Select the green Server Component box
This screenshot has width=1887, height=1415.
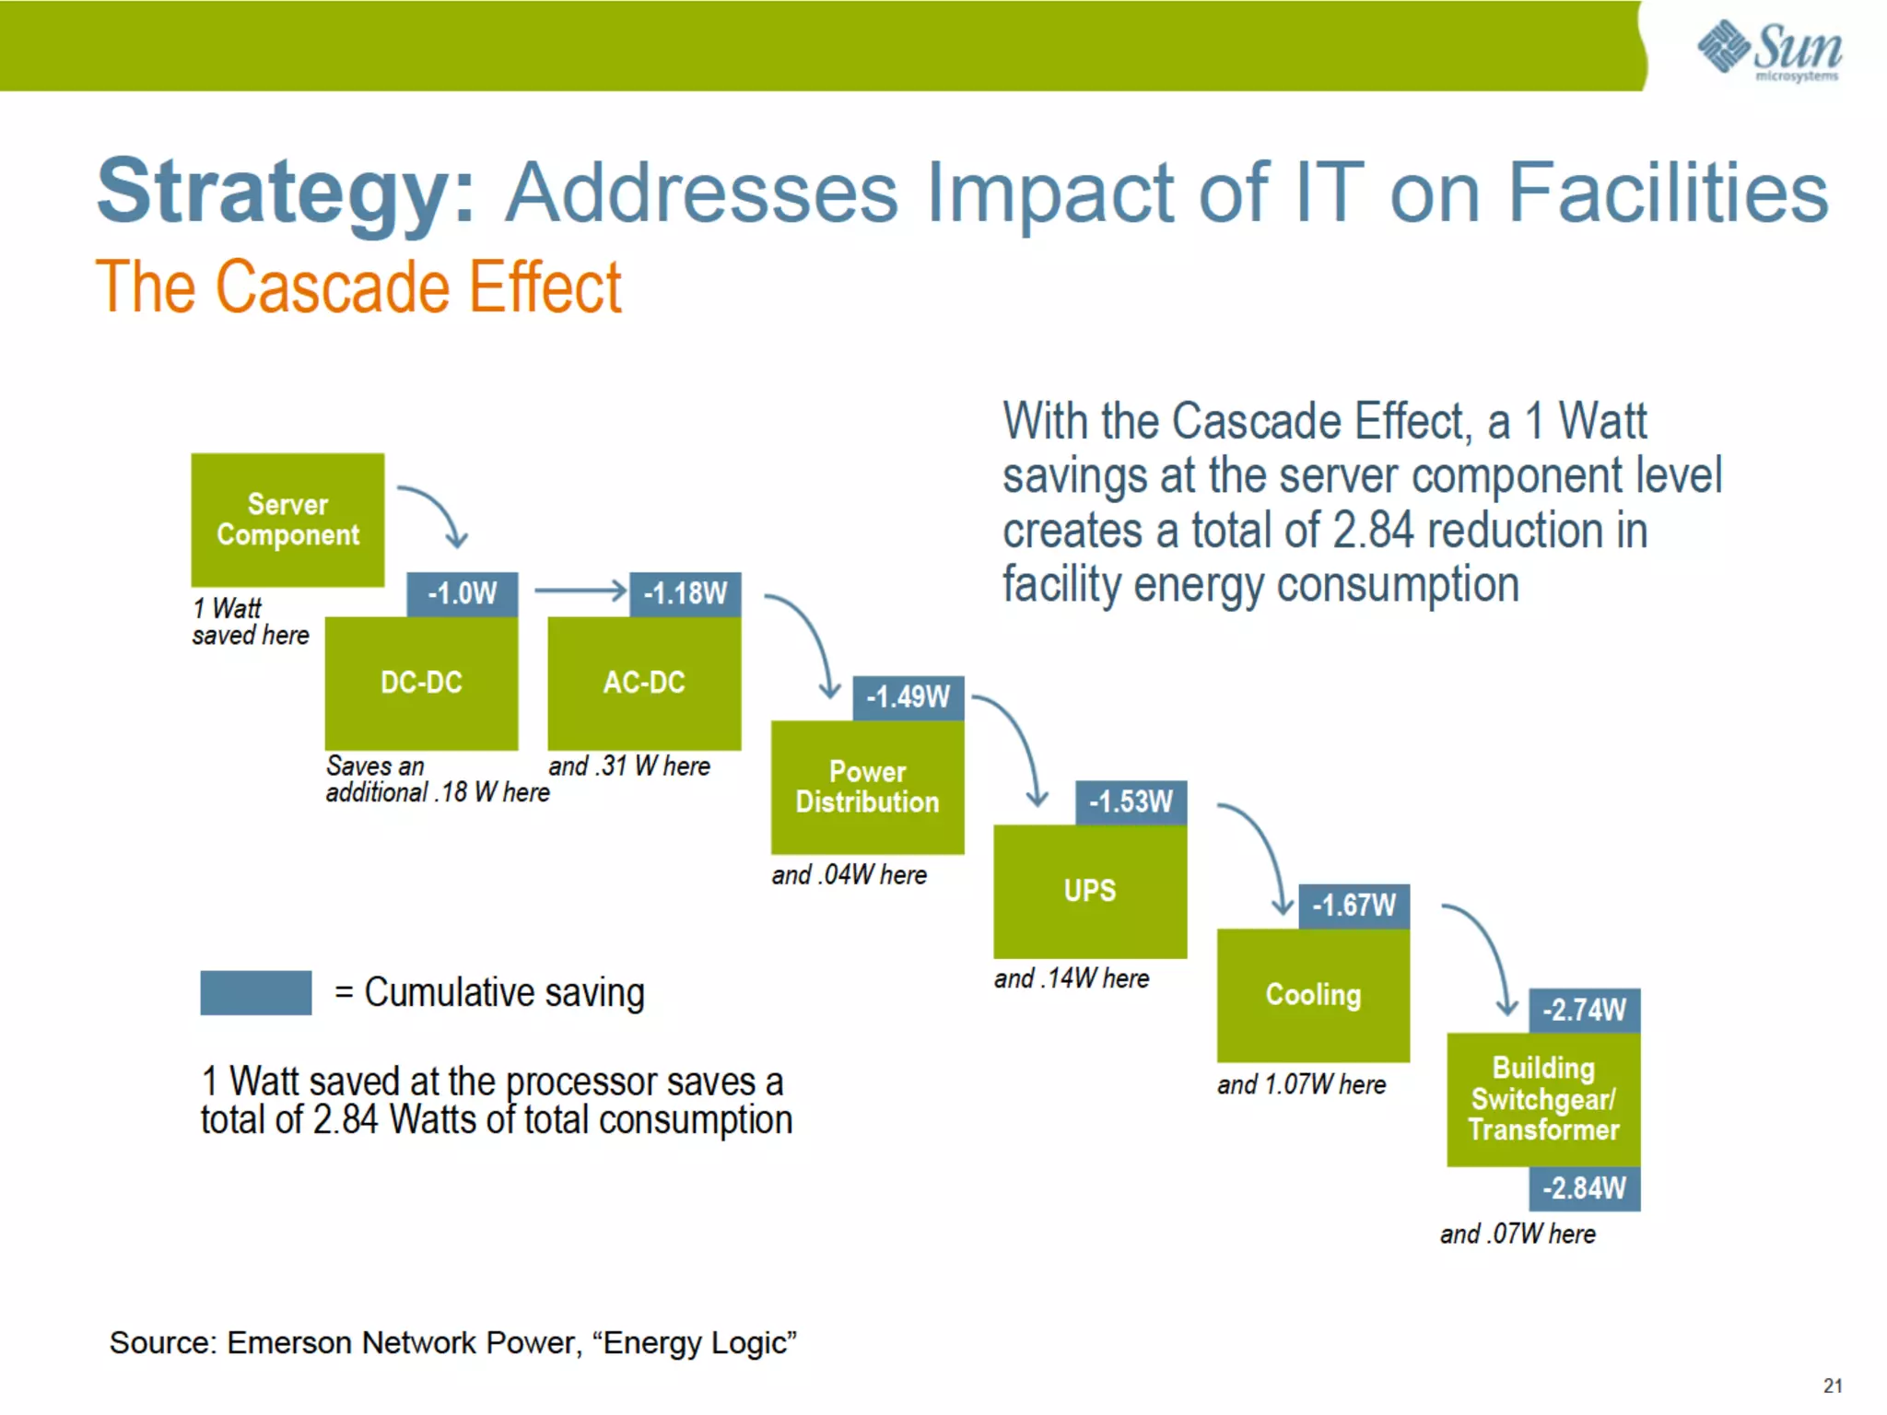[287, 520]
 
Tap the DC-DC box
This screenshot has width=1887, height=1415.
[421, 683]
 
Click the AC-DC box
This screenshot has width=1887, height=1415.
[644, 683]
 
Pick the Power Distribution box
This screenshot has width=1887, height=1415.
[867, 787]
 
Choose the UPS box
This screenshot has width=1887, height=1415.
[1090, 891]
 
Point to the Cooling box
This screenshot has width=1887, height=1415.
[1313, 995]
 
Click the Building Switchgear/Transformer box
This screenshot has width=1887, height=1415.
[1543, 1099]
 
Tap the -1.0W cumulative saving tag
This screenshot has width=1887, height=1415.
[462, 593]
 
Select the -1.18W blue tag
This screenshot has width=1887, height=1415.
[685, 593]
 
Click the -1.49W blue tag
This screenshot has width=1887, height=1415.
[908, 697]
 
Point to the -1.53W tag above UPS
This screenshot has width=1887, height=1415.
[1131, 801]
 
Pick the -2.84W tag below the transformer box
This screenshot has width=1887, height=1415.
[1584, 1188]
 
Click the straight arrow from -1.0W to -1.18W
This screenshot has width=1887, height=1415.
[580, 591]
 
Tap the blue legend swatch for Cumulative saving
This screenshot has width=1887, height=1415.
[255, 992]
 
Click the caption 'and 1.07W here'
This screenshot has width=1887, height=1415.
[1301, 1085]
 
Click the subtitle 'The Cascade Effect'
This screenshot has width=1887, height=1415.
[358, 287]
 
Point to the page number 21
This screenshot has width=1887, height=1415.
[1832, 1386]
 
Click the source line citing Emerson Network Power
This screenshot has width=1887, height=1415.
[452, 1343]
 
